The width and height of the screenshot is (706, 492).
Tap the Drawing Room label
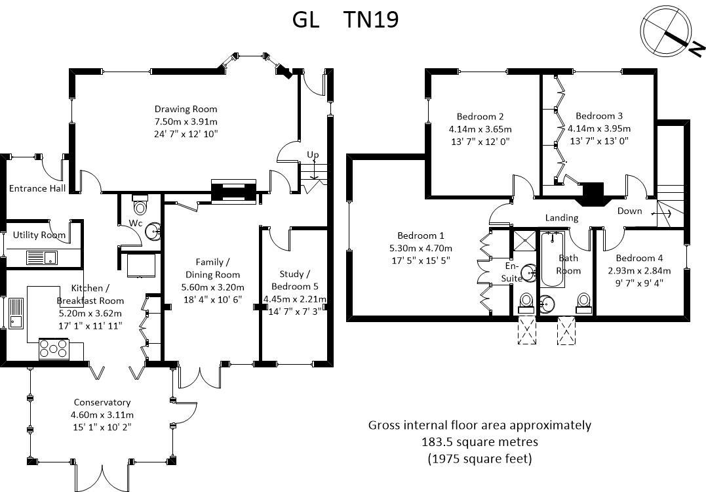(x=186, y=109)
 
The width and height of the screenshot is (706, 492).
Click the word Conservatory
(x=102, y=402)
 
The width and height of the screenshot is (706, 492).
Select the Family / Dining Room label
(x=212, y=268)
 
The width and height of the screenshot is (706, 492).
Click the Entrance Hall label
(x=37, y=189)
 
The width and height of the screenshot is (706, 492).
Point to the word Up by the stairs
(x=313, y=155)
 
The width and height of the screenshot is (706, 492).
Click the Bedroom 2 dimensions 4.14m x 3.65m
(x=480, y=129)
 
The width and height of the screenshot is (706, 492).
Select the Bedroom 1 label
(x=420, y=236)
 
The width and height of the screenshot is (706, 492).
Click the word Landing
(x=562, y=218)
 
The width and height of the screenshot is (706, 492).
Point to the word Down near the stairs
(x=629, y=211)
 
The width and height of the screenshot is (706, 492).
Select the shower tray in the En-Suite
(x=524, y=238)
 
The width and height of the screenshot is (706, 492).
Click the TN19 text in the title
(x=371, y=20)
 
